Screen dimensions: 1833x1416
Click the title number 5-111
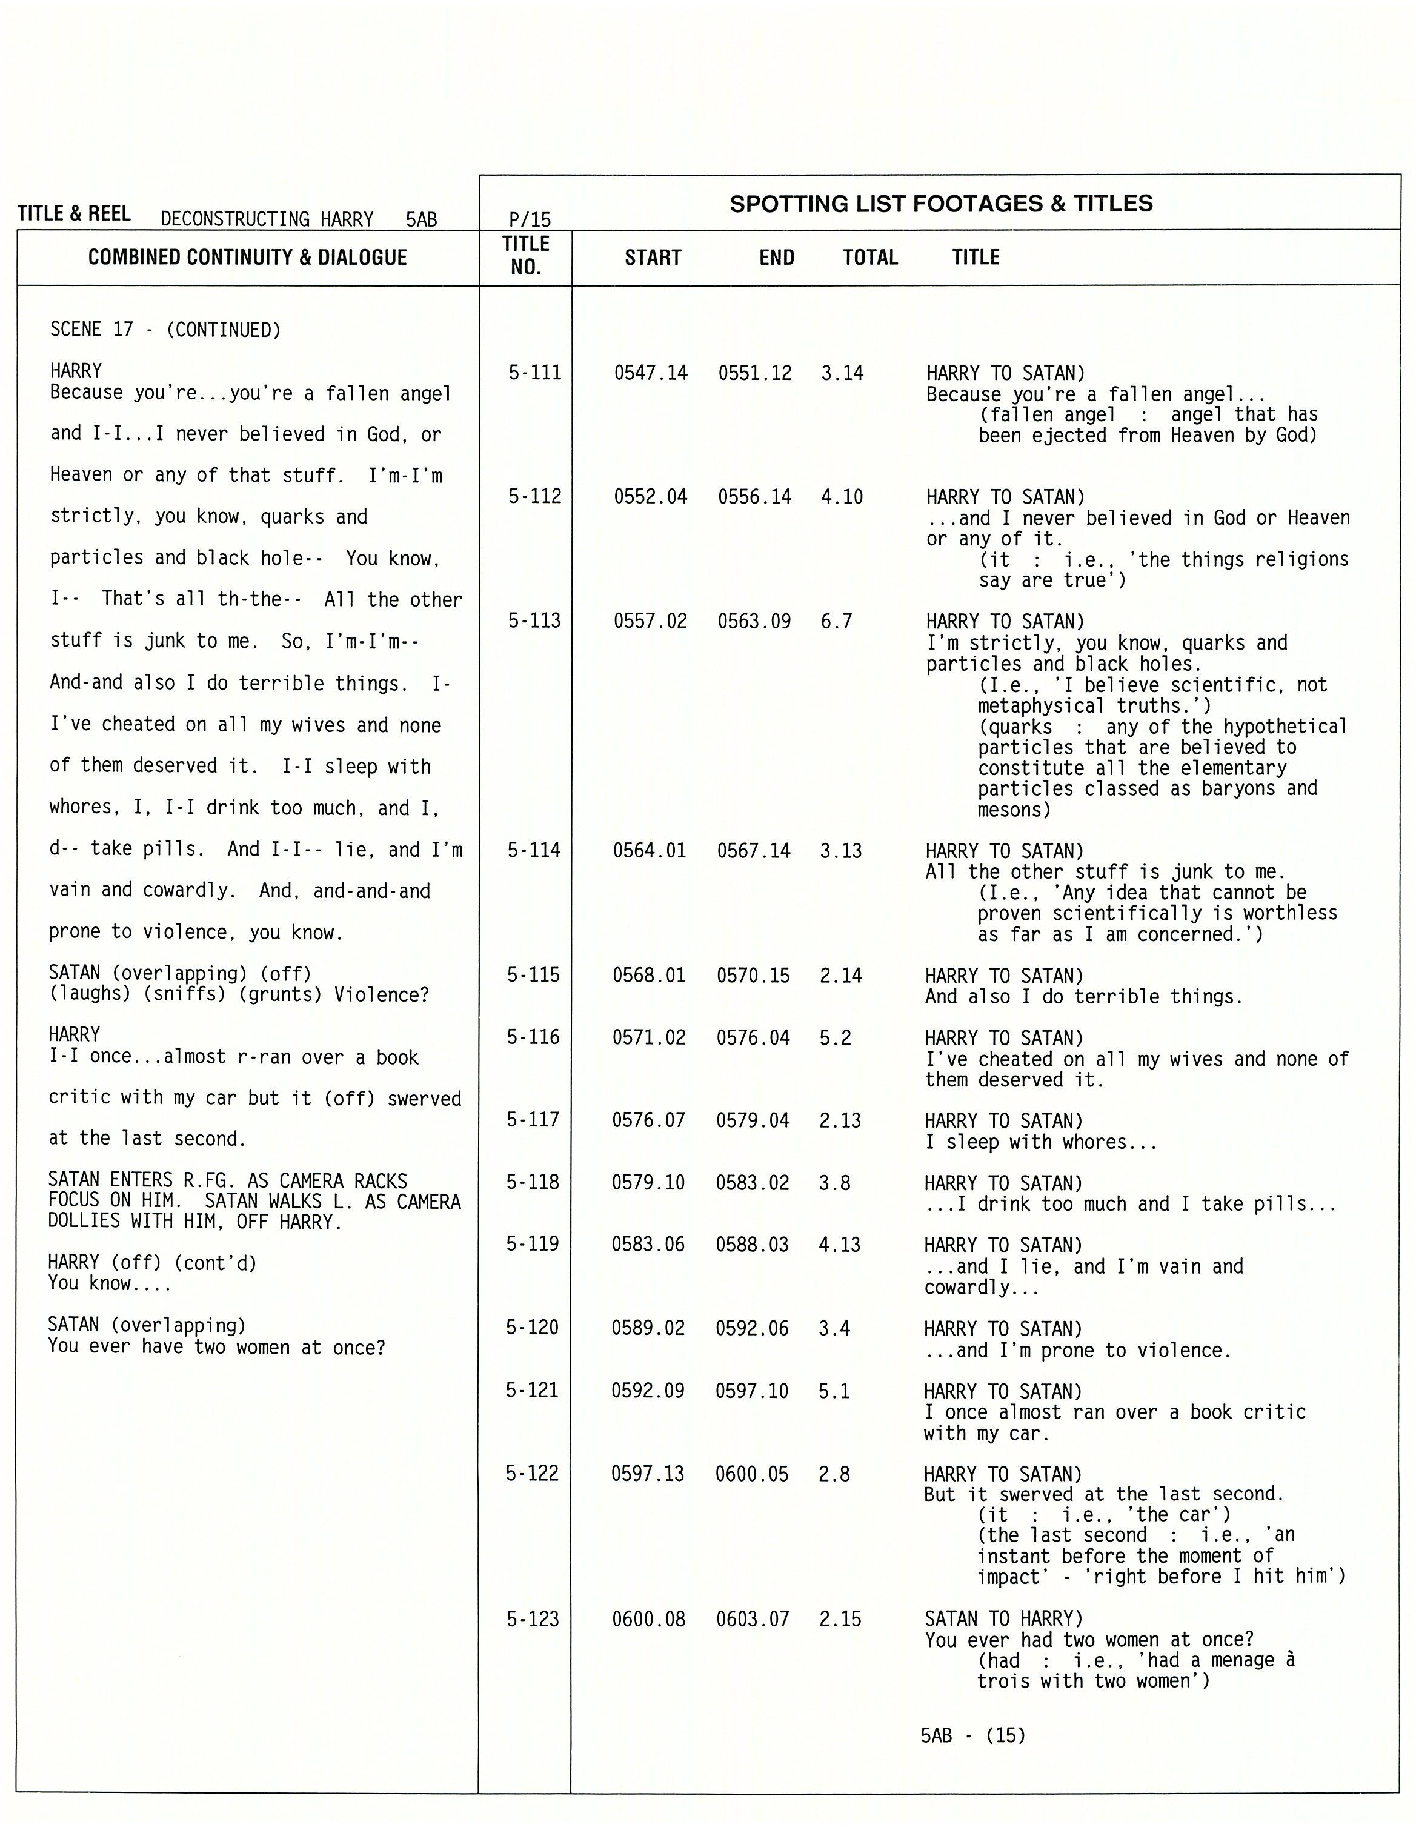pyautogui.click(x=534, y=373)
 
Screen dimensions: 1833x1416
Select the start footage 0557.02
pyautogui.click(x=651, y=621)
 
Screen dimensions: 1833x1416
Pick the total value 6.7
pyautogui.click(x=837, y=621)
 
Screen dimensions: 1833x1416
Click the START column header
pyautogui.click(x=653, y=258)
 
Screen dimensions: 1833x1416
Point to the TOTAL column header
pyautogui.click(x=871, y=258)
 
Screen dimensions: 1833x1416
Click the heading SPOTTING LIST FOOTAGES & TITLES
pyautogui.click(x=941, y=204)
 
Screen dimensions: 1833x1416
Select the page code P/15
pyautogui.click(x=530, y=220)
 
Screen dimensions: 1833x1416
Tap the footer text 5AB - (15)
pyautogui.click(x=973, y=1735)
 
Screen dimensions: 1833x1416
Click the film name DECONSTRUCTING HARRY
pyautogui.click(x=267, y=220)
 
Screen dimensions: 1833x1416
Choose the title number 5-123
pyautogui.click(x=532, y=1619)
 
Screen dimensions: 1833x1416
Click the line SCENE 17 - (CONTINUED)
pyautogui.click(x=165, y=330)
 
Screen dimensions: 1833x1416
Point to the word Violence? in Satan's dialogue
pyautogui.click(x=382, y=994)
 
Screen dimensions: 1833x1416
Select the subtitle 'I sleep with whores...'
pyautogui.click(x=1041, y=1142)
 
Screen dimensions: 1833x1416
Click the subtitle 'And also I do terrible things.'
pyautogui.click(x=1083, y=997)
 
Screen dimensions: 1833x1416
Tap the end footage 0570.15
pyautogui.click(x=753, y=975)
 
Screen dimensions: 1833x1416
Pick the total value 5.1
pyautogui.click(x=834, y=1391)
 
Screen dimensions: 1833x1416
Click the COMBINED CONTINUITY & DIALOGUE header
pyautogui.click(x=248, y=258)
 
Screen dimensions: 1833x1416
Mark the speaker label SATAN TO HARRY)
pyautogui.click(x=1005, y=1619)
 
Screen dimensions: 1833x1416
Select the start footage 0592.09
pyautogui.click(x=648, y=1391)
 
